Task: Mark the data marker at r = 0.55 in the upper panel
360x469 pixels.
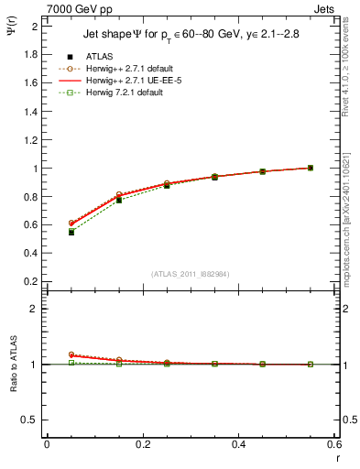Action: coord(311,168)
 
